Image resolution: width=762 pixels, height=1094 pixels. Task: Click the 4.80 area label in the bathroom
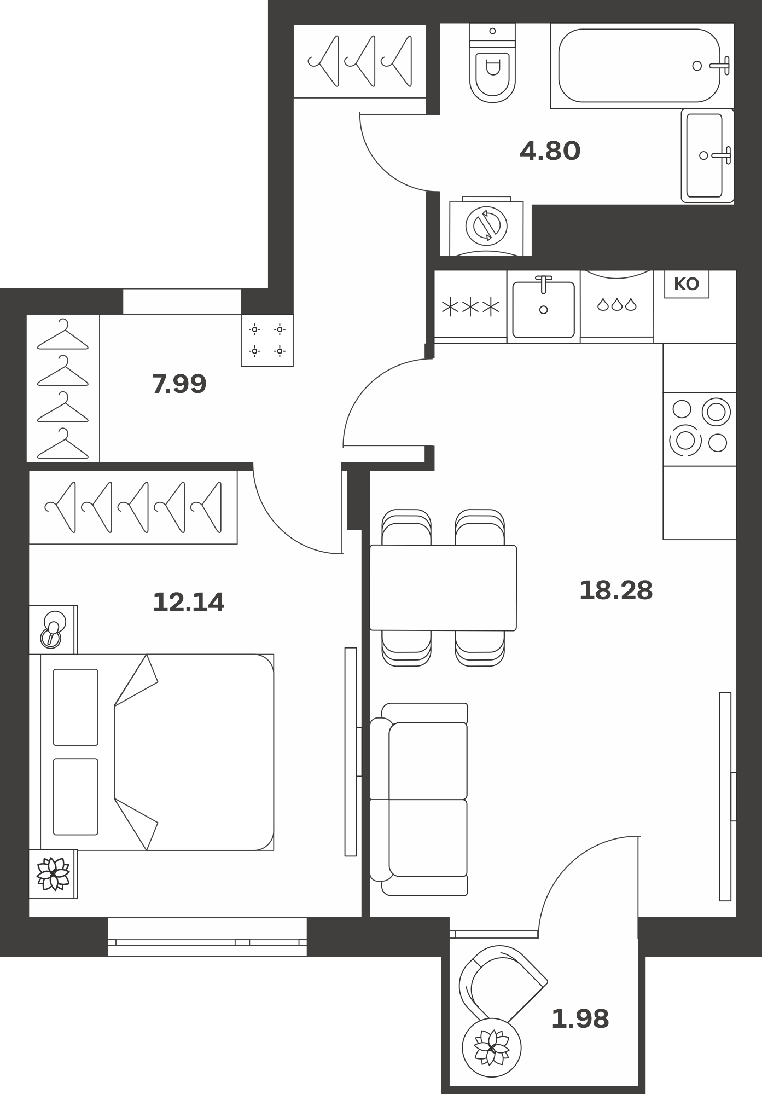point(550,151)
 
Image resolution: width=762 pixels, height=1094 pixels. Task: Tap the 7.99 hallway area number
point(179,384)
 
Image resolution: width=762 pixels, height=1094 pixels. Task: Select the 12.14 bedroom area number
point(189,603)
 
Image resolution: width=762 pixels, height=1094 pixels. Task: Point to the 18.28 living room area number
point(616,591)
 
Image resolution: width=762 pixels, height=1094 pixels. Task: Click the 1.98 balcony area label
point(580,1019)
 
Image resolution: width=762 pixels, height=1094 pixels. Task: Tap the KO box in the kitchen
point(687,284)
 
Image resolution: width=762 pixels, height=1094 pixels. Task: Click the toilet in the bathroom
point(492,62)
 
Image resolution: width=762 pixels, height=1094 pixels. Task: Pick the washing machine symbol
point(486,225)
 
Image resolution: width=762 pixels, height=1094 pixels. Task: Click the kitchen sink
point(543,307)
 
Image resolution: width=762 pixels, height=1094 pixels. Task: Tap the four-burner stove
point(700,429)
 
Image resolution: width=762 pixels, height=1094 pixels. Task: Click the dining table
point(443,588)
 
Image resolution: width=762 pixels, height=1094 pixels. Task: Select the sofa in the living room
point(419,800)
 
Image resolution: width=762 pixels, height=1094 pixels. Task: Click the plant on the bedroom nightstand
point(53,874)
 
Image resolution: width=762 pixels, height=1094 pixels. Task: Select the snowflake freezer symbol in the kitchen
point(470,307)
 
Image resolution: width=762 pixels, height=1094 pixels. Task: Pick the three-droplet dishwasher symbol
point(617,304)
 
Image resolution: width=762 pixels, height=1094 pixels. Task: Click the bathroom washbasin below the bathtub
point(707,155)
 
